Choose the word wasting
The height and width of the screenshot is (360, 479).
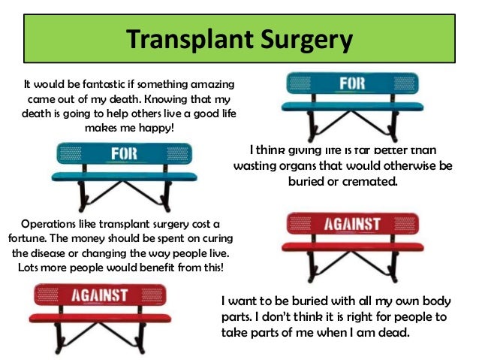click(x=261, y=165)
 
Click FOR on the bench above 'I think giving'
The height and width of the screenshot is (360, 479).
click(x=351, y=83)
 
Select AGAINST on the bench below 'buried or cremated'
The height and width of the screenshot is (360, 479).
click(x=352, y=223)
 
